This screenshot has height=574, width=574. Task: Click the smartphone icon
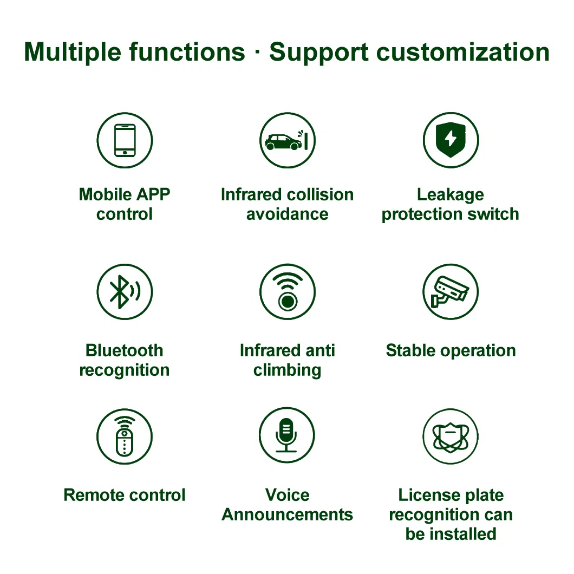point(125,140)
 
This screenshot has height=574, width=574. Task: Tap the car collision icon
point(287,140)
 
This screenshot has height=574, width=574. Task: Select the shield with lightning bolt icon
point(451,140)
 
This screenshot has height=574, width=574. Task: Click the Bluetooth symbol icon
point(125,292)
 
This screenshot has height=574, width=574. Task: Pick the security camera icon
point(450,292)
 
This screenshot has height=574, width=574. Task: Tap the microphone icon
point(286,435)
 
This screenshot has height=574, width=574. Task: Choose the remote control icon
point(125,436)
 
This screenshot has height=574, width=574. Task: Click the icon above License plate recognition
point(451,436)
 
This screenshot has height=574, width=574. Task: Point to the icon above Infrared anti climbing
point(288,292)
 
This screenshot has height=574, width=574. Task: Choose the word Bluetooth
point(125,351)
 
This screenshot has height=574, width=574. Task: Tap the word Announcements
point(288,514)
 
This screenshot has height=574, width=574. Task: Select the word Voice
point(288,495)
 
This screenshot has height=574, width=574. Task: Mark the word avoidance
point(288,214)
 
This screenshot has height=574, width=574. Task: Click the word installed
point(463,534)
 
